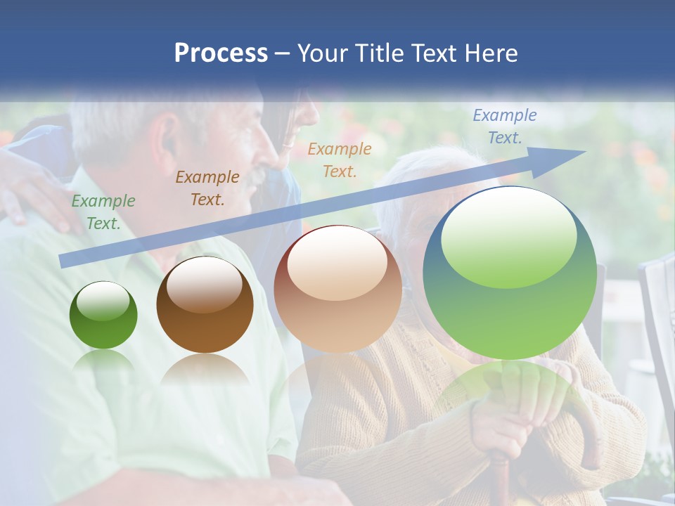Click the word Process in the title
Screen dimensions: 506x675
[221, 53]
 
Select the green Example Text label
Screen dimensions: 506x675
[103, 212]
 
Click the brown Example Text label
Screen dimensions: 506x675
[207, 188]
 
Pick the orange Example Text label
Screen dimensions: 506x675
[340, 160]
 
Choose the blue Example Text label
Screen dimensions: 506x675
[504, 126]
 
